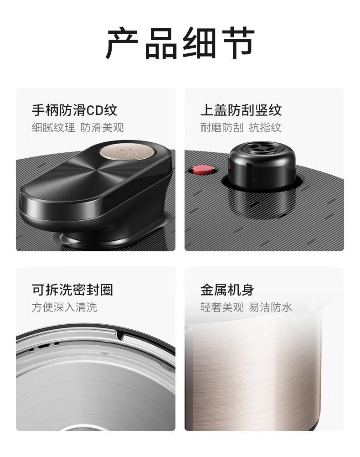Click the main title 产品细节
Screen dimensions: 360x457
pyautogui.click(x=180, y=43)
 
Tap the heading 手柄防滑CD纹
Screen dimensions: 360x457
pyautogui.click(x=75, y=110)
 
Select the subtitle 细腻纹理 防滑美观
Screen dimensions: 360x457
pyautogui.click(x=78, y=127)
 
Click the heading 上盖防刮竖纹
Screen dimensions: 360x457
pyautogui.click(x=241, y=110)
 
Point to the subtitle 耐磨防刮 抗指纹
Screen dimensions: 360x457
pyautogui.click(x=241, y=127)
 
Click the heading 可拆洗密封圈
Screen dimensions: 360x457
pyautogui.click(x=72, y=290)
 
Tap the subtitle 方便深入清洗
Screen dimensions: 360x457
pyautogui.click(x=64, y=307)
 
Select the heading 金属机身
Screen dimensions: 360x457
pyautogui.click(x=227, y=290)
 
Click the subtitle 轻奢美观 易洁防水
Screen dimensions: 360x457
pyautogui.click(x=246, y=307)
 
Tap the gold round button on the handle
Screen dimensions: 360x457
pyautogui.click(x=127, y=152)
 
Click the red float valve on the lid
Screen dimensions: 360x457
pyautogui.click(x=202, y=170)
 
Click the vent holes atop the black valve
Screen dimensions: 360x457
pyautogui.click(x=262, y=147)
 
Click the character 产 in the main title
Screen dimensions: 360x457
pyautogui.click(x=122, y=43)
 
